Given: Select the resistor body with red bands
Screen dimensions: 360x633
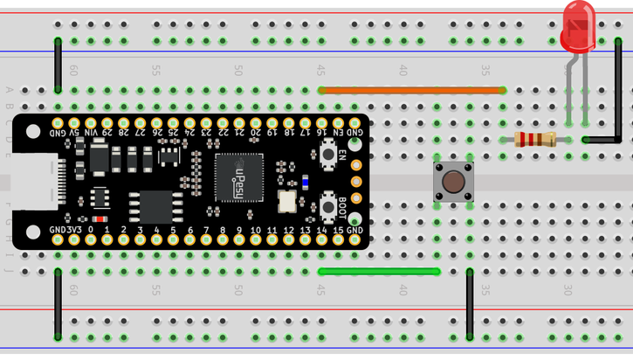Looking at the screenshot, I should tap(534, 139).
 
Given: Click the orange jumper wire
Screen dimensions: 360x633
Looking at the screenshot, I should tap(412, 90).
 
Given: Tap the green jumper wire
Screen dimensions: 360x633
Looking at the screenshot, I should tap(379, 272).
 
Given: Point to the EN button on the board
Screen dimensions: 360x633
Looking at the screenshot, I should tap(329, 156).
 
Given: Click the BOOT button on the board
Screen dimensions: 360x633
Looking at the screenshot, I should tap(329, 203).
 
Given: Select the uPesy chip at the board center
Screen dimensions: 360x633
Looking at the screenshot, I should tap(239, 177).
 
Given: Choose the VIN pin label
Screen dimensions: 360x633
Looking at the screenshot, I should tap(91, 132).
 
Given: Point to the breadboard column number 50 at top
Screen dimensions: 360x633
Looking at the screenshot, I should tap(237, 70).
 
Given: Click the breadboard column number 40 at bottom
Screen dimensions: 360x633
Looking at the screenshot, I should tap(403, 289).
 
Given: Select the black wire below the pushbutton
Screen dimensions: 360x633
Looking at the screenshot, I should tap(470, 305).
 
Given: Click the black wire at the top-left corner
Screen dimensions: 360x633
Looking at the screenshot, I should tap(58, 66).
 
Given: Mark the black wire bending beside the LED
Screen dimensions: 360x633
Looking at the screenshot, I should tap(617, 96).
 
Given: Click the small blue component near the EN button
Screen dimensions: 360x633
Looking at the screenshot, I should tap(305, 182).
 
